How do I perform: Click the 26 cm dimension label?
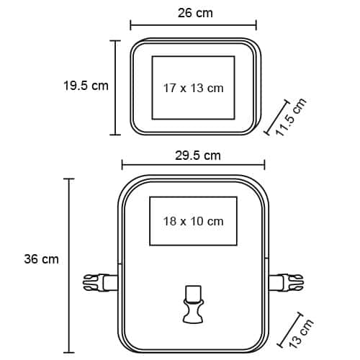195,13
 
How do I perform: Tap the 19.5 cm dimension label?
86,86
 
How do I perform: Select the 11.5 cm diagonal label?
291,117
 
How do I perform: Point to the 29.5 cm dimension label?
198,156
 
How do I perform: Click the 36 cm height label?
41,259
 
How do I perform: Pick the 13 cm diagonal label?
301,333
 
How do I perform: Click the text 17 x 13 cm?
194,88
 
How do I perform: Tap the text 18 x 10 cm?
194,221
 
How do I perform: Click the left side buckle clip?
100,282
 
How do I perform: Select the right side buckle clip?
286,282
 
